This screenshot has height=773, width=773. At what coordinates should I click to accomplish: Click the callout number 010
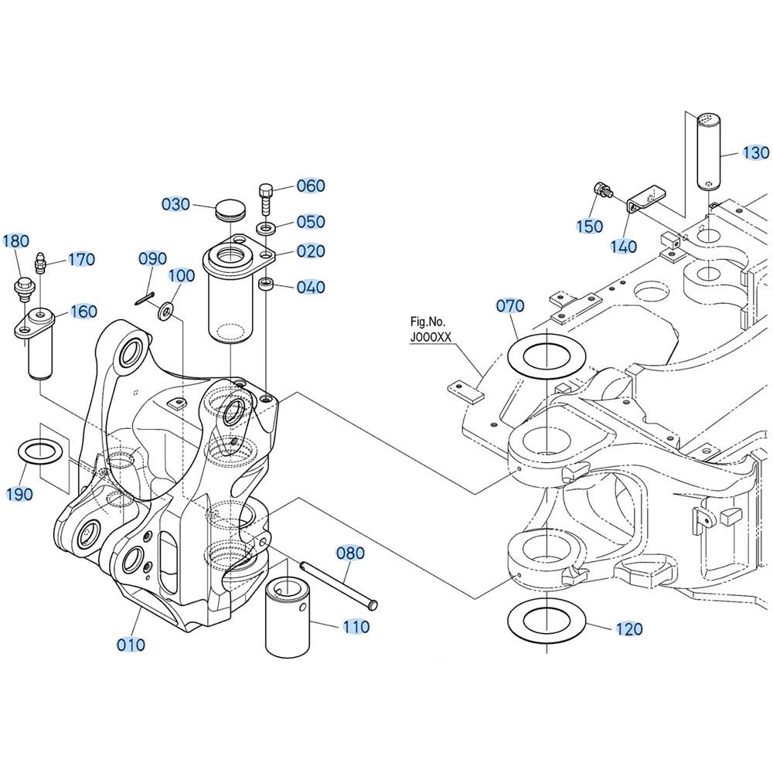click(x=131, y=644)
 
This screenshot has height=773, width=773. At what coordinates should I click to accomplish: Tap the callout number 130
click(x=755, y=153)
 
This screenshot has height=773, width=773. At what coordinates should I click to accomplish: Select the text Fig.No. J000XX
click(x=431, y=329)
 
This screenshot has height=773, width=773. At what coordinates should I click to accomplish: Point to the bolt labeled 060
click(x=265, y=196)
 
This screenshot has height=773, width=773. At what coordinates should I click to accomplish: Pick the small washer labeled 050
click(x=265, y=229)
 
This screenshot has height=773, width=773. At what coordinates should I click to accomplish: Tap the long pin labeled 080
click(x=339, y=585)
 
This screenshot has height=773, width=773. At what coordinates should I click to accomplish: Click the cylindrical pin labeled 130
click(x=710, y=151)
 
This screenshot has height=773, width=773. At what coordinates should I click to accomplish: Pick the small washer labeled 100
click(x=165, y=312)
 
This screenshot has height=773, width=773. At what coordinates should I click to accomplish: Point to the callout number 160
click(x=83, y=312)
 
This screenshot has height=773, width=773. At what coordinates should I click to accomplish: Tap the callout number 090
click(x=153, y=258)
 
